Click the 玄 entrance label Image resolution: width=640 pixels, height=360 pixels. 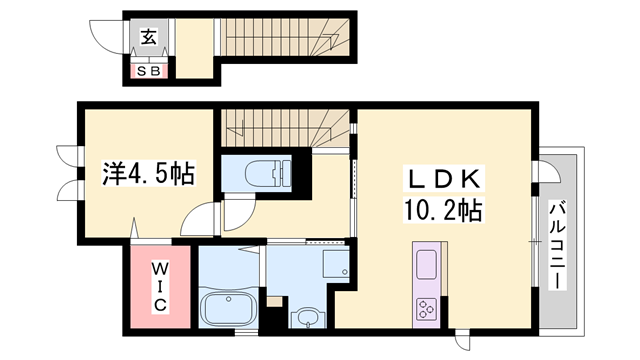coord(147,38)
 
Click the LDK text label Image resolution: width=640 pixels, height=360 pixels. coord(443,179)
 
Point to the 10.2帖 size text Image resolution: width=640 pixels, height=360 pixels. coord(444,210)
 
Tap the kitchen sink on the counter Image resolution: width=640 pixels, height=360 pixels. coord(426,265)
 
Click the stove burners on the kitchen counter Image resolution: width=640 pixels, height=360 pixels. coord(426,307)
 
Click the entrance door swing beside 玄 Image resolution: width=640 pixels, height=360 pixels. coord(107,36)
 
